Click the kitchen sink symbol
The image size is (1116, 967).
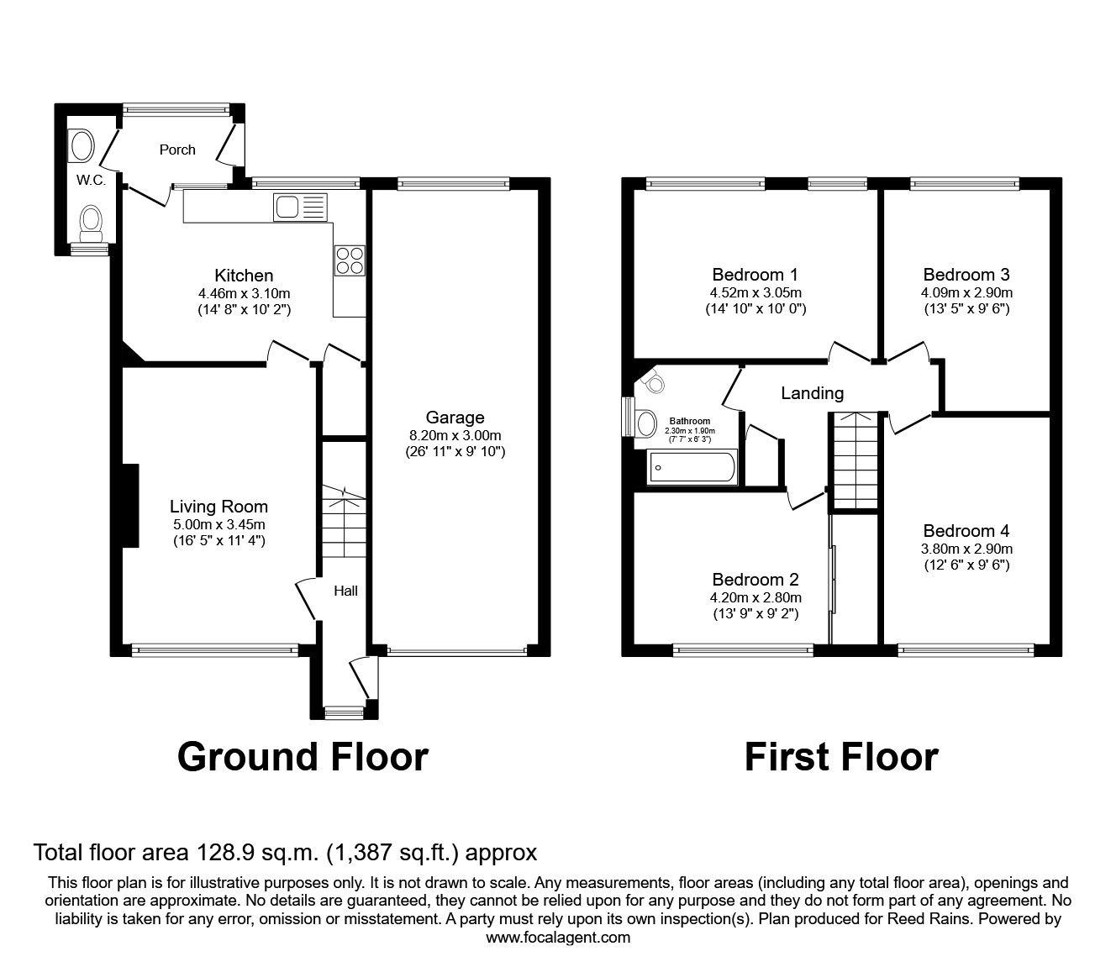point(298,207)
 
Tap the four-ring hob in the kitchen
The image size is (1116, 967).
point(350,260)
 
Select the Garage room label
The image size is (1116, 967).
point(455,418)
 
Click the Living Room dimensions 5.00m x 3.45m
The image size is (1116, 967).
point(218,525)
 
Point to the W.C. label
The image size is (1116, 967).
point(91,180)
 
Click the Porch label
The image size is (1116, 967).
point(177,150)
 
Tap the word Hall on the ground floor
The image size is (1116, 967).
point(345,591)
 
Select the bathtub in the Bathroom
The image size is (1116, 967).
point(692,467)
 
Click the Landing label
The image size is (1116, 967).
point(812,393)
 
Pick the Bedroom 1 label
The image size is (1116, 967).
point(755,275)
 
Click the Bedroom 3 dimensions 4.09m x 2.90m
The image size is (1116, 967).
point(966,293)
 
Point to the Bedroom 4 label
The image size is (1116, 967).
point(966,531)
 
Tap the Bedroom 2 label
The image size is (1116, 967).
point(755,580)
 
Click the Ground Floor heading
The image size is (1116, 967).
point(303,757)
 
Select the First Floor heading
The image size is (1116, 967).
point(841,757)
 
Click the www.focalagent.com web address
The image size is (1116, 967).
point(558,938)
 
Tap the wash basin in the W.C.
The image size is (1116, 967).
point(82,145)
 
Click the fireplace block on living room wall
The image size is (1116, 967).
point(129,505)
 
